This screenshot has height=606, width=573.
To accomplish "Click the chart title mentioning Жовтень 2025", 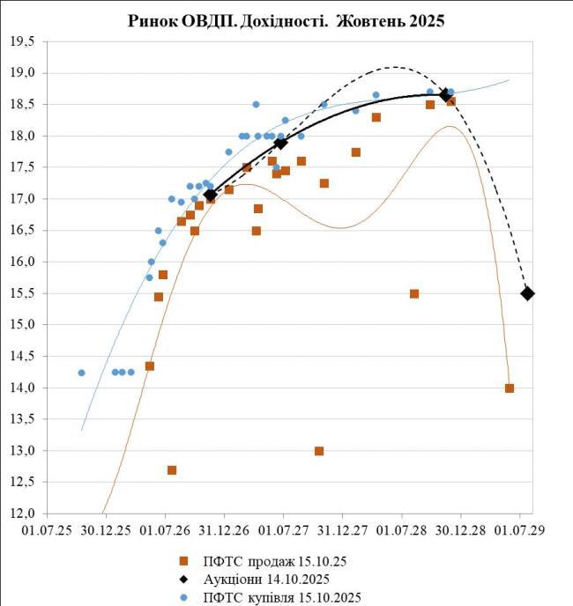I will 286,19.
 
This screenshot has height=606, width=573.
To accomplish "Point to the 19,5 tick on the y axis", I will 24,42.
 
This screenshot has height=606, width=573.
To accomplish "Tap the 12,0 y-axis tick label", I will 24,514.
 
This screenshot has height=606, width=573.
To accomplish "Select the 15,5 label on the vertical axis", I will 24,293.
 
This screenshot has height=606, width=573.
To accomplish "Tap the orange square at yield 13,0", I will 319,451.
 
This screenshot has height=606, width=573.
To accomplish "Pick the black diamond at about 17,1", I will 210,195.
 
